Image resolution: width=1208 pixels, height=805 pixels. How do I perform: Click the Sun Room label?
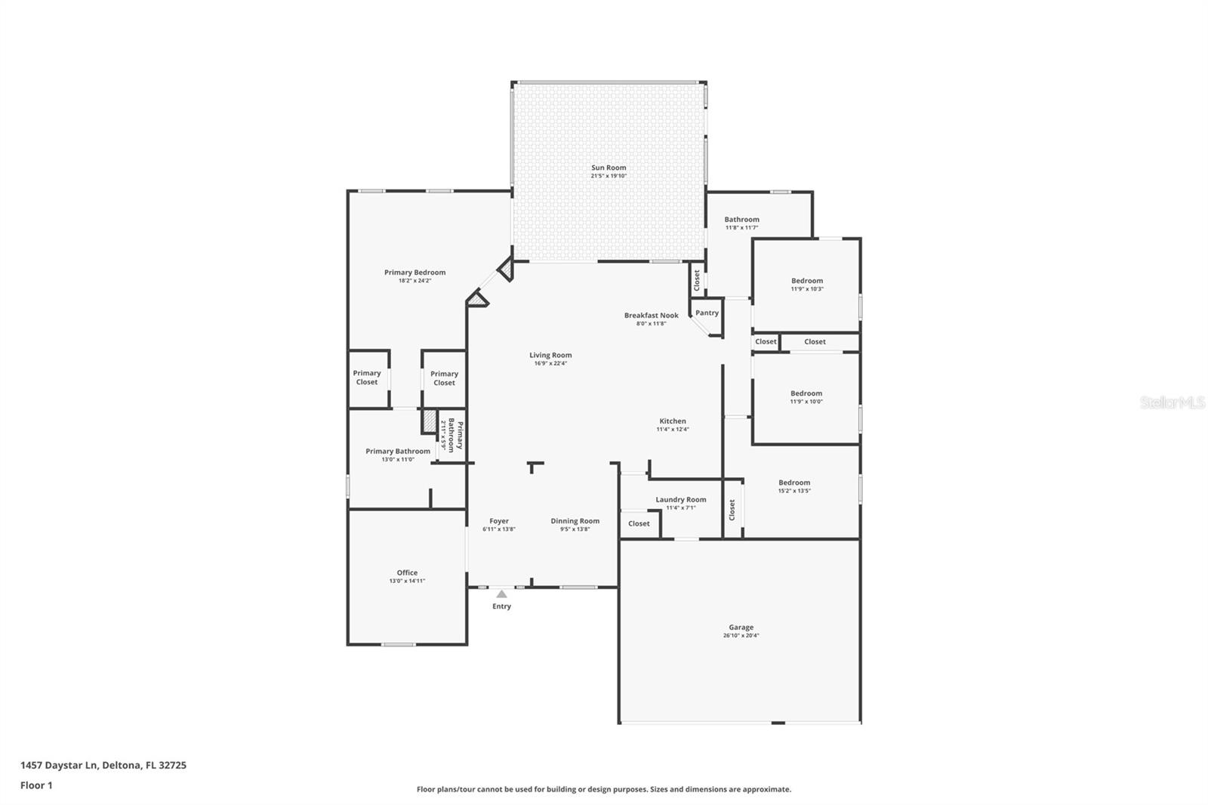609,168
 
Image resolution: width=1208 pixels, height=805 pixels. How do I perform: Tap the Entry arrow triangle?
501,594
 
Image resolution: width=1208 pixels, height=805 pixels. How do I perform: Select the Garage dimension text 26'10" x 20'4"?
741,636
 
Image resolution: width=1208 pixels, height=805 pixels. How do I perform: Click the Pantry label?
707,313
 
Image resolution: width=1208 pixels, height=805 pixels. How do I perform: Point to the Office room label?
407,572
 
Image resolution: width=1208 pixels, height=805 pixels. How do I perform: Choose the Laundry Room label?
680,499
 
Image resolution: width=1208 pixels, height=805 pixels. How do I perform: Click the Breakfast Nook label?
651,316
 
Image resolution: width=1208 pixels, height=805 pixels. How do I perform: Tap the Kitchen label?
672,421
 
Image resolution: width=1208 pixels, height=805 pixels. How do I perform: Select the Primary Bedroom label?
414,273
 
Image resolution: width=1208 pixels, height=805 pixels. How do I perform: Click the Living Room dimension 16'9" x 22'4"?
550,363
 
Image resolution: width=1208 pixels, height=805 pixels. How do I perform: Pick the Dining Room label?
575,521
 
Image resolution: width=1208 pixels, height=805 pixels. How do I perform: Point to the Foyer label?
498,521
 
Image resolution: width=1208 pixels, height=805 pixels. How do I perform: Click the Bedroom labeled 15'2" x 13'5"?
794,483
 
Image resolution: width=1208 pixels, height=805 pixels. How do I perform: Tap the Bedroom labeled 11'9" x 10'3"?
807,281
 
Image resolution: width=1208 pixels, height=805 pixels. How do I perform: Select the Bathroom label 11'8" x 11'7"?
741,220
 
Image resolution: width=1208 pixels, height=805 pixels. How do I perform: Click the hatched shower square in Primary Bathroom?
429,421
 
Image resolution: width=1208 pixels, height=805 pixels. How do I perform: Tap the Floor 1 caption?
36,785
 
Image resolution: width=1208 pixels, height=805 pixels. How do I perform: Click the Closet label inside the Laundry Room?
639,523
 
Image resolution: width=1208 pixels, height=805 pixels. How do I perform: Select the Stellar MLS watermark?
1172,402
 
